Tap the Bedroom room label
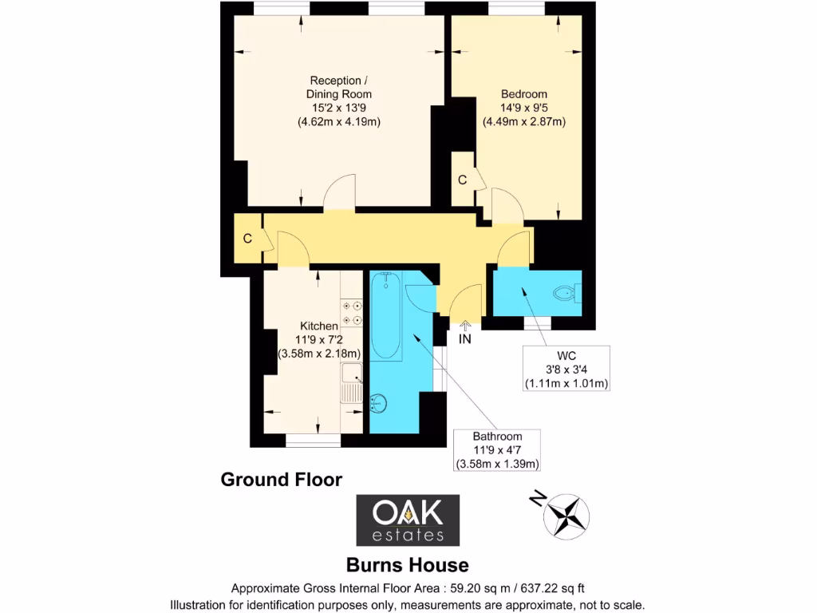pyautogui.click(x=524, y=108)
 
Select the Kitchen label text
pyautogui.click(x=318, y=339)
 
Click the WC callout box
pyautogui.click(x=566, y=369)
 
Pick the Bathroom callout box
pyautogui.click(x=497, y=450)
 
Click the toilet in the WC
pyautogui.click(x=567, y=293)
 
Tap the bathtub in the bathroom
pyautogui.click(x=387, y=314)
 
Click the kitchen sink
pyautogui.click(x=351, y=382)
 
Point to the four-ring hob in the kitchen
pyautogui.click(x=352, y=312)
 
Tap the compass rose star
pyautogui.click(x=566, y=516)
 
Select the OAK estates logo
pyautogui.click(x=408, y=519)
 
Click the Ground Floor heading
pyautogui.click(x=281, y=480)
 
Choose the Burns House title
pyautogui.click(x=407, y=565)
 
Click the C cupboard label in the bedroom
pyautogui.click(x=462, y=180)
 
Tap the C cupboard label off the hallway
pyautogui.click(x=248, y=238)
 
